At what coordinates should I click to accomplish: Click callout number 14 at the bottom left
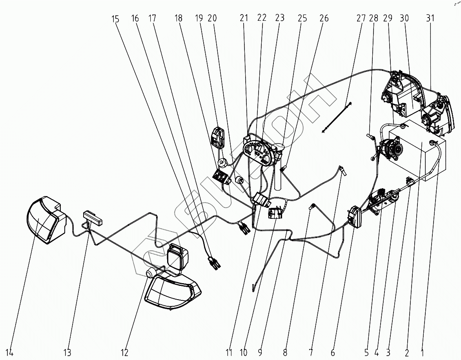pos(9,353)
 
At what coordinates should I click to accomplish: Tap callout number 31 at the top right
pos(430,18)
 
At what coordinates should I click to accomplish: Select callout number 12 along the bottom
pos(124,353)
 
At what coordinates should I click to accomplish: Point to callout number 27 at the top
pos(361,18)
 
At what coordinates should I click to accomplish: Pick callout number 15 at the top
pos(115,18)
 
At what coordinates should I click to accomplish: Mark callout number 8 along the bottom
pos(285,353)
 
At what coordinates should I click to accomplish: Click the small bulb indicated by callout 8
pos(313,206)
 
